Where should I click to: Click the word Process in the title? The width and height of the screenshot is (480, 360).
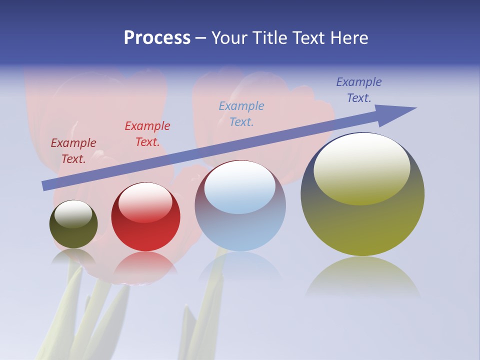tap(157, 38)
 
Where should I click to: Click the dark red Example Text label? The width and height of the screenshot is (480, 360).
tap(73, 150)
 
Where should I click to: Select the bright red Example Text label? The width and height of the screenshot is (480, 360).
tap(147, 133)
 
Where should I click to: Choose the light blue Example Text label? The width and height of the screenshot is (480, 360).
tap(241, 113)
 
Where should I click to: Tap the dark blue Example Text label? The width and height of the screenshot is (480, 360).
tap(359, 89)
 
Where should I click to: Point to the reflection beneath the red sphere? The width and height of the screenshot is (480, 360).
tap(145, 265)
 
